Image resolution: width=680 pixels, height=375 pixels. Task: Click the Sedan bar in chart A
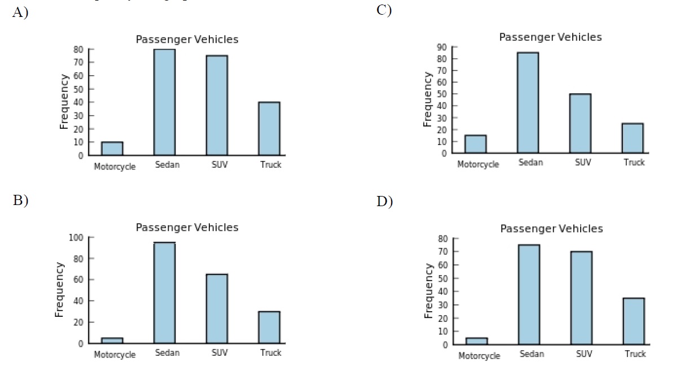(x=164, y=102)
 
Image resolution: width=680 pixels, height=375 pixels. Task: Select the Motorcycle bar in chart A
(x=112, y=149)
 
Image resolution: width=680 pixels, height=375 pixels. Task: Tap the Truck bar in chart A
(x=269, y=129)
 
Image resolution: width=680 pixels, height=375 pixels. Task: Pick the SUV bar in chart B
(x=217, y=308)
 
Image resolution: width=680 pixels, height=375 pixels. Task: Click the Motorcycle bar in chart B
(x=112, y=341)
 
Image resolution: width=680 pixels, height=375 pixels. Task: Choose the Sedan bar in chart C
(x=528, y=103)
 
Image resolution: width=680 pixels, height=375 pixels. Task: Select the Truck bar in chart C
(x=633, y=138)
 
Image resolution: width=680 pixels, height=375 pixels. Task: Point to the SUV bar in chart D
(x=581, y=298)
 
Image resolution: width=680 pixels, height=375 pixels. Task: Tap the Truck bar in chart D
(x=634, y=321)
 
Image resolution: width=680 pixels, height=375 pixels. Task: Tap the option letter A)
(x=20, y=13)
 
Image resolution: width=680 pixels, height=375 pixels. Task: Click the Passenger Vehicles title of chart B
(x=187, y=228)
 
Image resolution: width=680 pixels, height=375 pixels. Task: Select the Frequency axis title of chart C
(x=428, y=99)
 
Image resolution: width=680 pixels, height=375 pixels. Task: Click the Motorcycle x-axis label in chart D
(x=479, y=356)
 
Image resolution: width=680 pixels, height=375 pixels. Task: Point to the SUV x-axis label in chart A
(x=217, y=165)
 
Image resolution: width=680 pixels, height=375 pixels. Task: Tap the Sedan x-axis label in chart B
(x=167, y=353)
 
